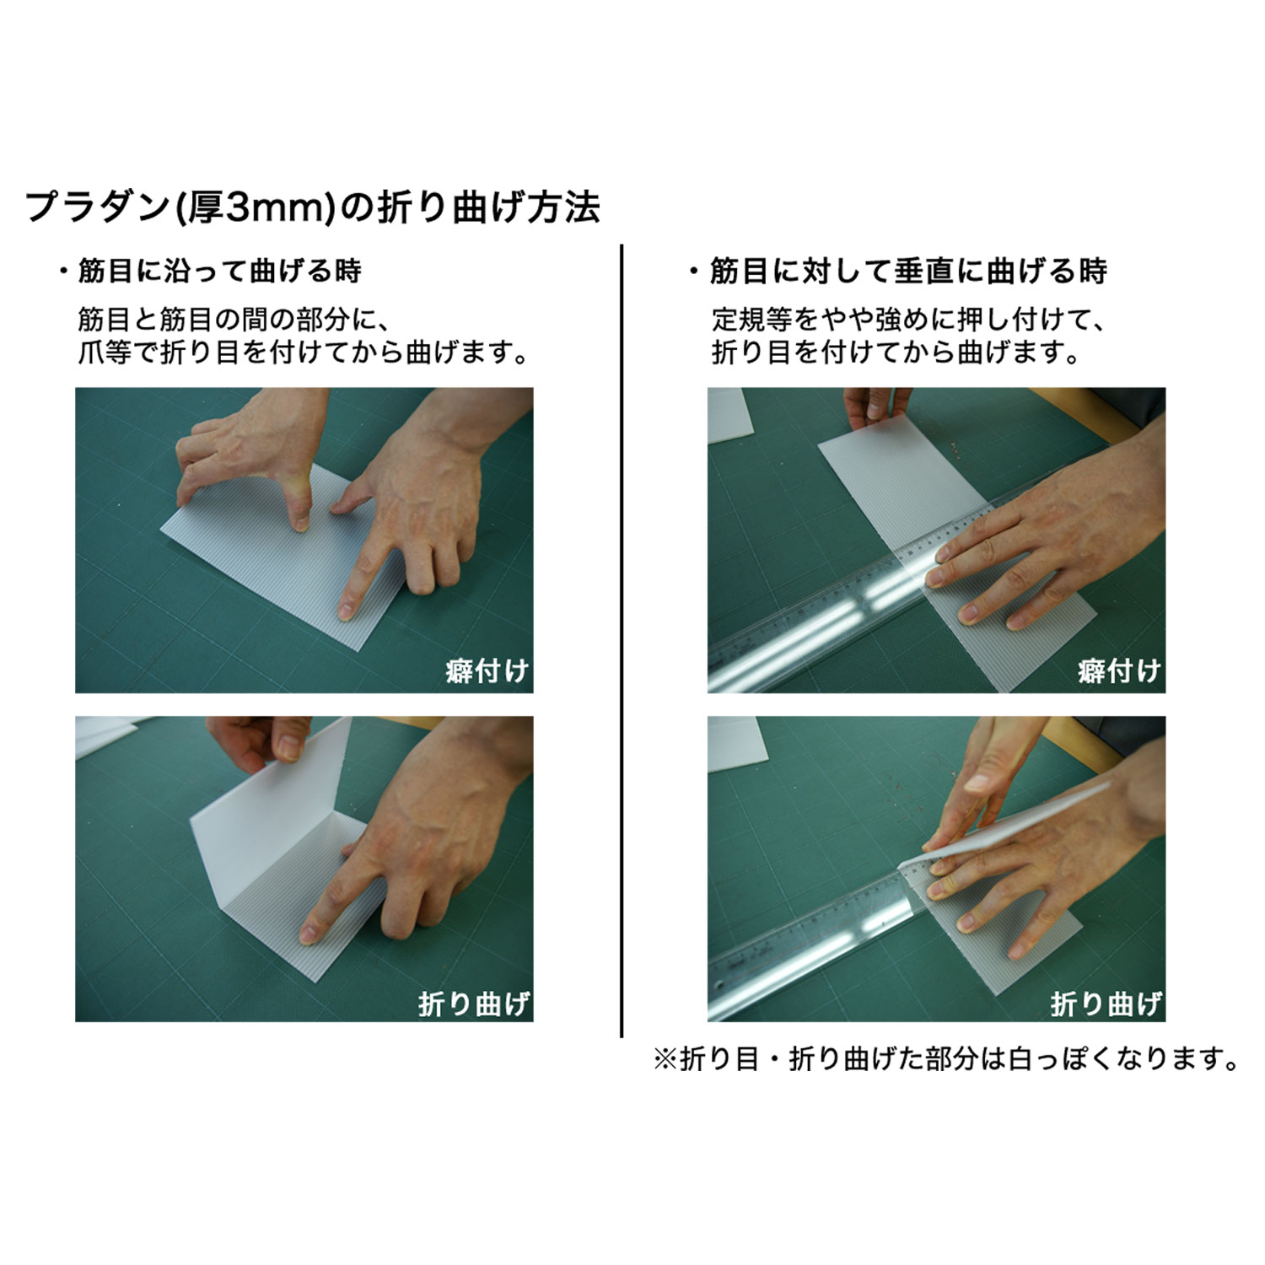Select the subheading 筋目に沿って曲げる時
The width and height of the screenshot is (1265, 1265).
(x=219, y=272)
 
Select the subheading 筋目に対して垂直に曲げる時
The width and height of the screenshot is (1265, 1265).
(x=908, y=272)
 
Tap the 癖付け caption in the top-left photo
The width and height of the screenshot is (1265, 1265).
(x=487, y=671)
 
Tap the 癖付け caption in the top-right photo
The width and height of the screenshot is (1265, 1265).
(x=1119, y=671)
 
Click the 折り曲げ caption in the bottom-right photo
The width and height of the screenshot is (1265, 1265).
(x=1106, y=1004)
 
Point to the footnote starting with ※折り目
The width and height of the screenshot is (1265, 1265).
(x=946, y=1059)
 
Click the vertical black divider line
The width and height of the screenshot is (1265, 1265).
(x=622, y=641)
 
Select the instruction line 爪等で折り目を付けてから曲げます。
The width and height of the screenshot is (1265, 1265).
(x=304, y=353)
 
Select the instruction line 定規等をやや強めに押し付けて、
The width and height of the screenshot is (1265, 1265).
(x=908, y=320)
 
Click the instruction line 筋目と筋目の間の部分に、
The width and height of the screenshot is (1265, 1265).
(x=233, y=320)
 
